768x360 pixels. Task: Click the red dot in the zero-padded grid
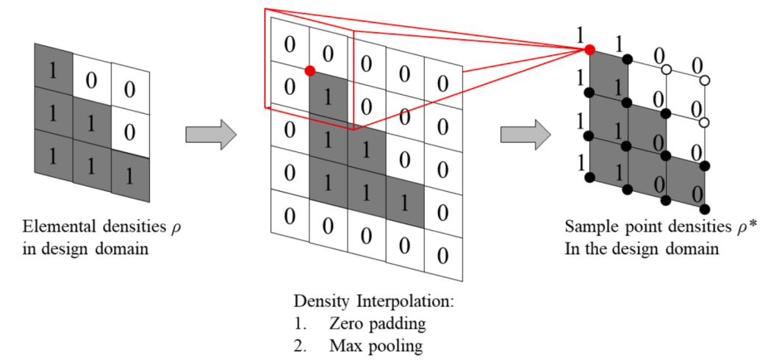(310, 71)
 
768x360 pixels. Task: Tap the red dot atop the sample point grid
(589, 49)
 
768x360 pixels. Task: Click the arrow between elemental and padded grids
(210, 134)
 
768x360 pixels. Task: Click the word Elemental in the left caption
(53, 226)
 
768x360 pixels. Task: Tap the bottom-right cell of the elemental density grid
(130, 176)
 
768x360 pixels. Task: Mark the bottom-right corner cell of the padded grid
(443, 256)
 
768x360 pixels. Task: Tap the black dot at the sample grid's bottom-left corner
(589, 177)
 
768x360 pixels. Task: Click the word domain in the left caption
(121, 248)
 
